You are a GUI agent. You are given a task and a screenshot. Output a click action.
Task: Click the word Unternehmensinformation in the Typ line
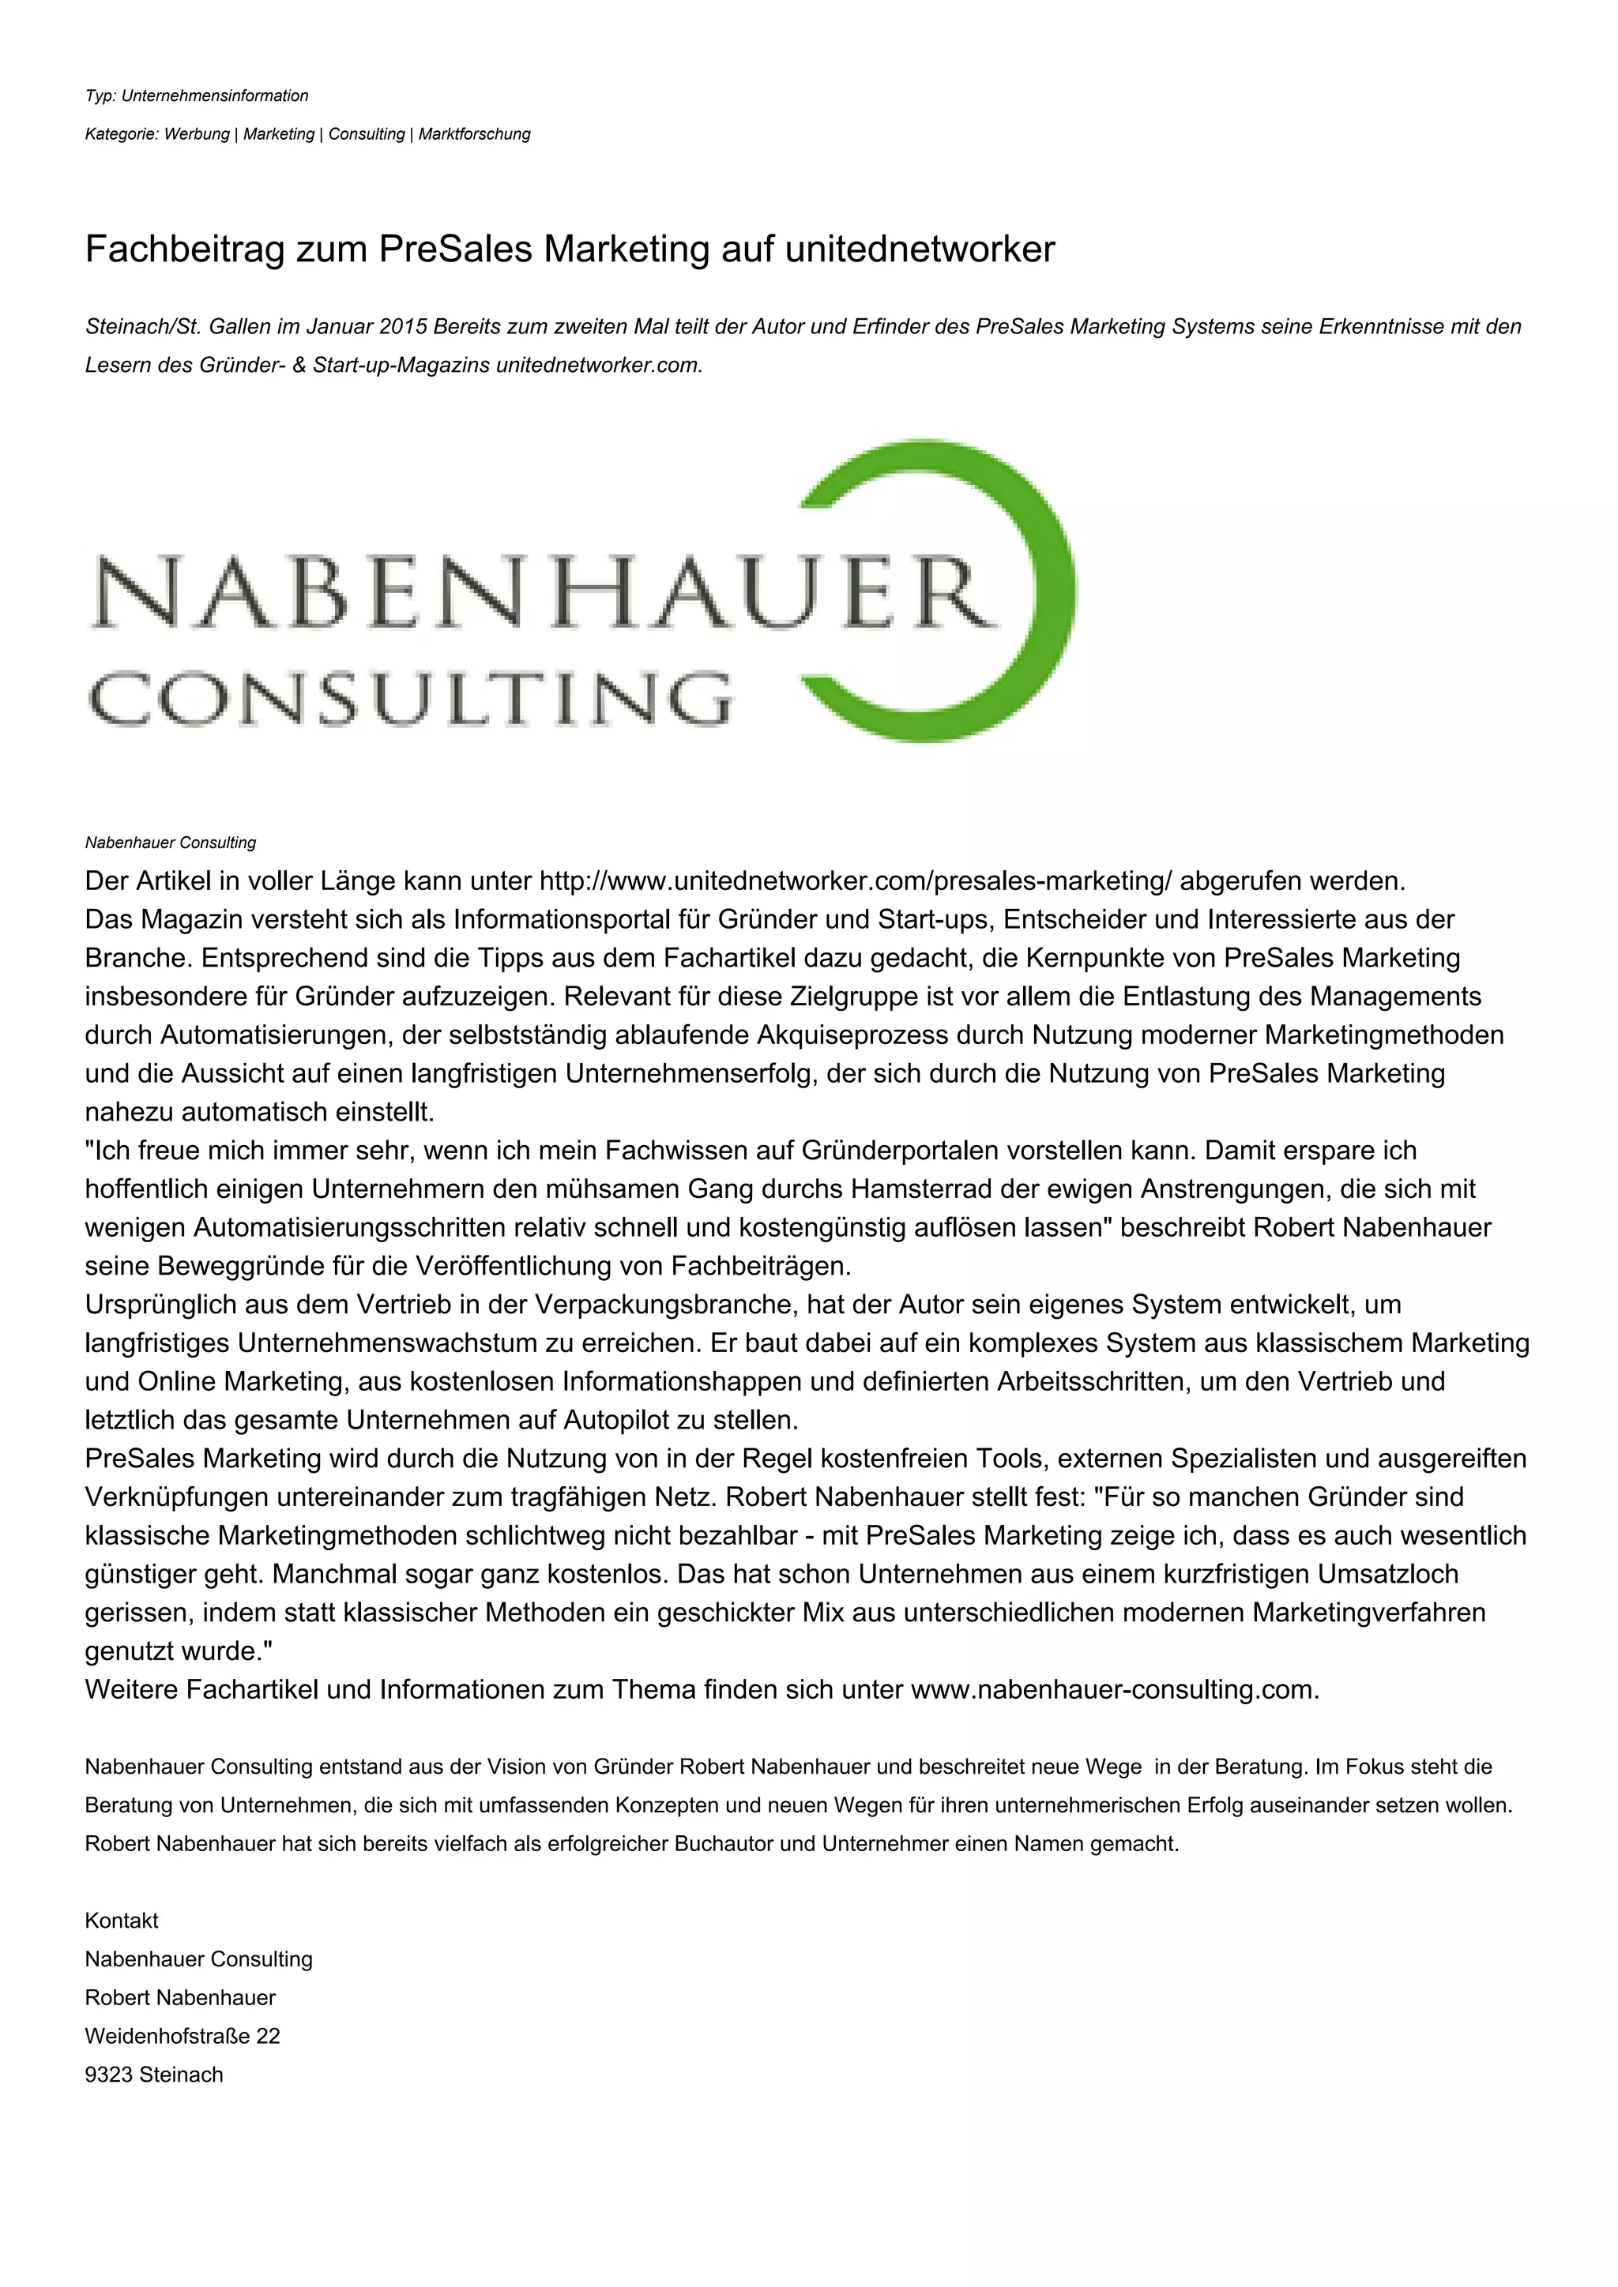(x=215, y=96)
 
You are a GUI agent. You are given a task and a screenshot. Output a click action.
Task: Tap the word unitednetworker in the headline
(x=920, y=249)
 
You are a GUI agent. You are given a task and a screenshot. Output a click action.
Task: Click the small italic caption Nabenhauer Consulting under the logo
(x=171, y=843)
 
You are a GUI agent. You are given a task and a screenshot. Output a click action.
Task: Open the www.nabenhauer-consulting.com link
(x=1113, y=1689)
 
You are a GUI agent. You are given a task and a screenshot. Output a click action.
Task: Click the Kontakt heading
(x=122, y=1921)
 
